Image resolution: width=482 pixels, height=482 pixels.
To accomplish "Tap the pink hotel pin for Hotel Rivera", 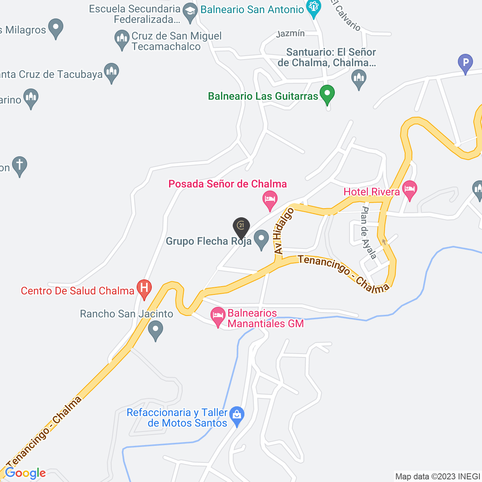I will [409, 189].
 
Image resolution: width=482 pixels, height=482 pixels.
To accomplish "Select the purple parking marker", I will [465, 63].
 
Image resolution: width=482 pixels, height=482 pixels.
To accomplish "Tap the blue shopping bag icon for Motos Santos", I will [237, 415].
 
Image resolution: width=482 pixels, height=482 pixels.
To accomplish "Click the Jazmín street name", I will [290, 34].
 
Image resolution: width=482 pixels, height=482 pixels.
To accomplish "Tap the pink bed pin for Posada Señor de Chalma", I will [270, 199].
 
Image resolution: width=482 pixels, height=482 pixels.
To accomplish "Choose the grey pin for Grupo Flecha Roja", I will [261, 239].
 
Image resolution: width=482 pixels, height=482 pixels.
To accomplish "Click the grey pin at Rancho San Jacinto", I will [155, 329].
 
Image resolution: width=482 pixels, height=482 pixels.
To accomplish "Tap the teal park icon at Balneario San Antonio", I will [313, 8].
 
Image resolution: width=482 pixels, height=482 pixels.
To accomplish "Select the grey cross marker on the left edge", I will [19, 165].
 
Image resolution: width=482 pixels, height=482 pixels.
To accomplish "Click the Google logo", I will [25, 473].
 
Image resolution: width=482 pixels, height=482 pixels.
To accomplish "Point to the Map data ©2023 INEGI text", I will [438, 477].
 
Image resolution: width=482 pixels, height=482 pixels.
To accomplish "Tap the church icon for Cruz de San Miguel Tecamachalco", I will [122, 38].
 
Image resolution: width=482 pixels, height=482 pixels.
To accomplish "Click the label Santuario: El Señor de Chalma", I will [327, 57].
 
